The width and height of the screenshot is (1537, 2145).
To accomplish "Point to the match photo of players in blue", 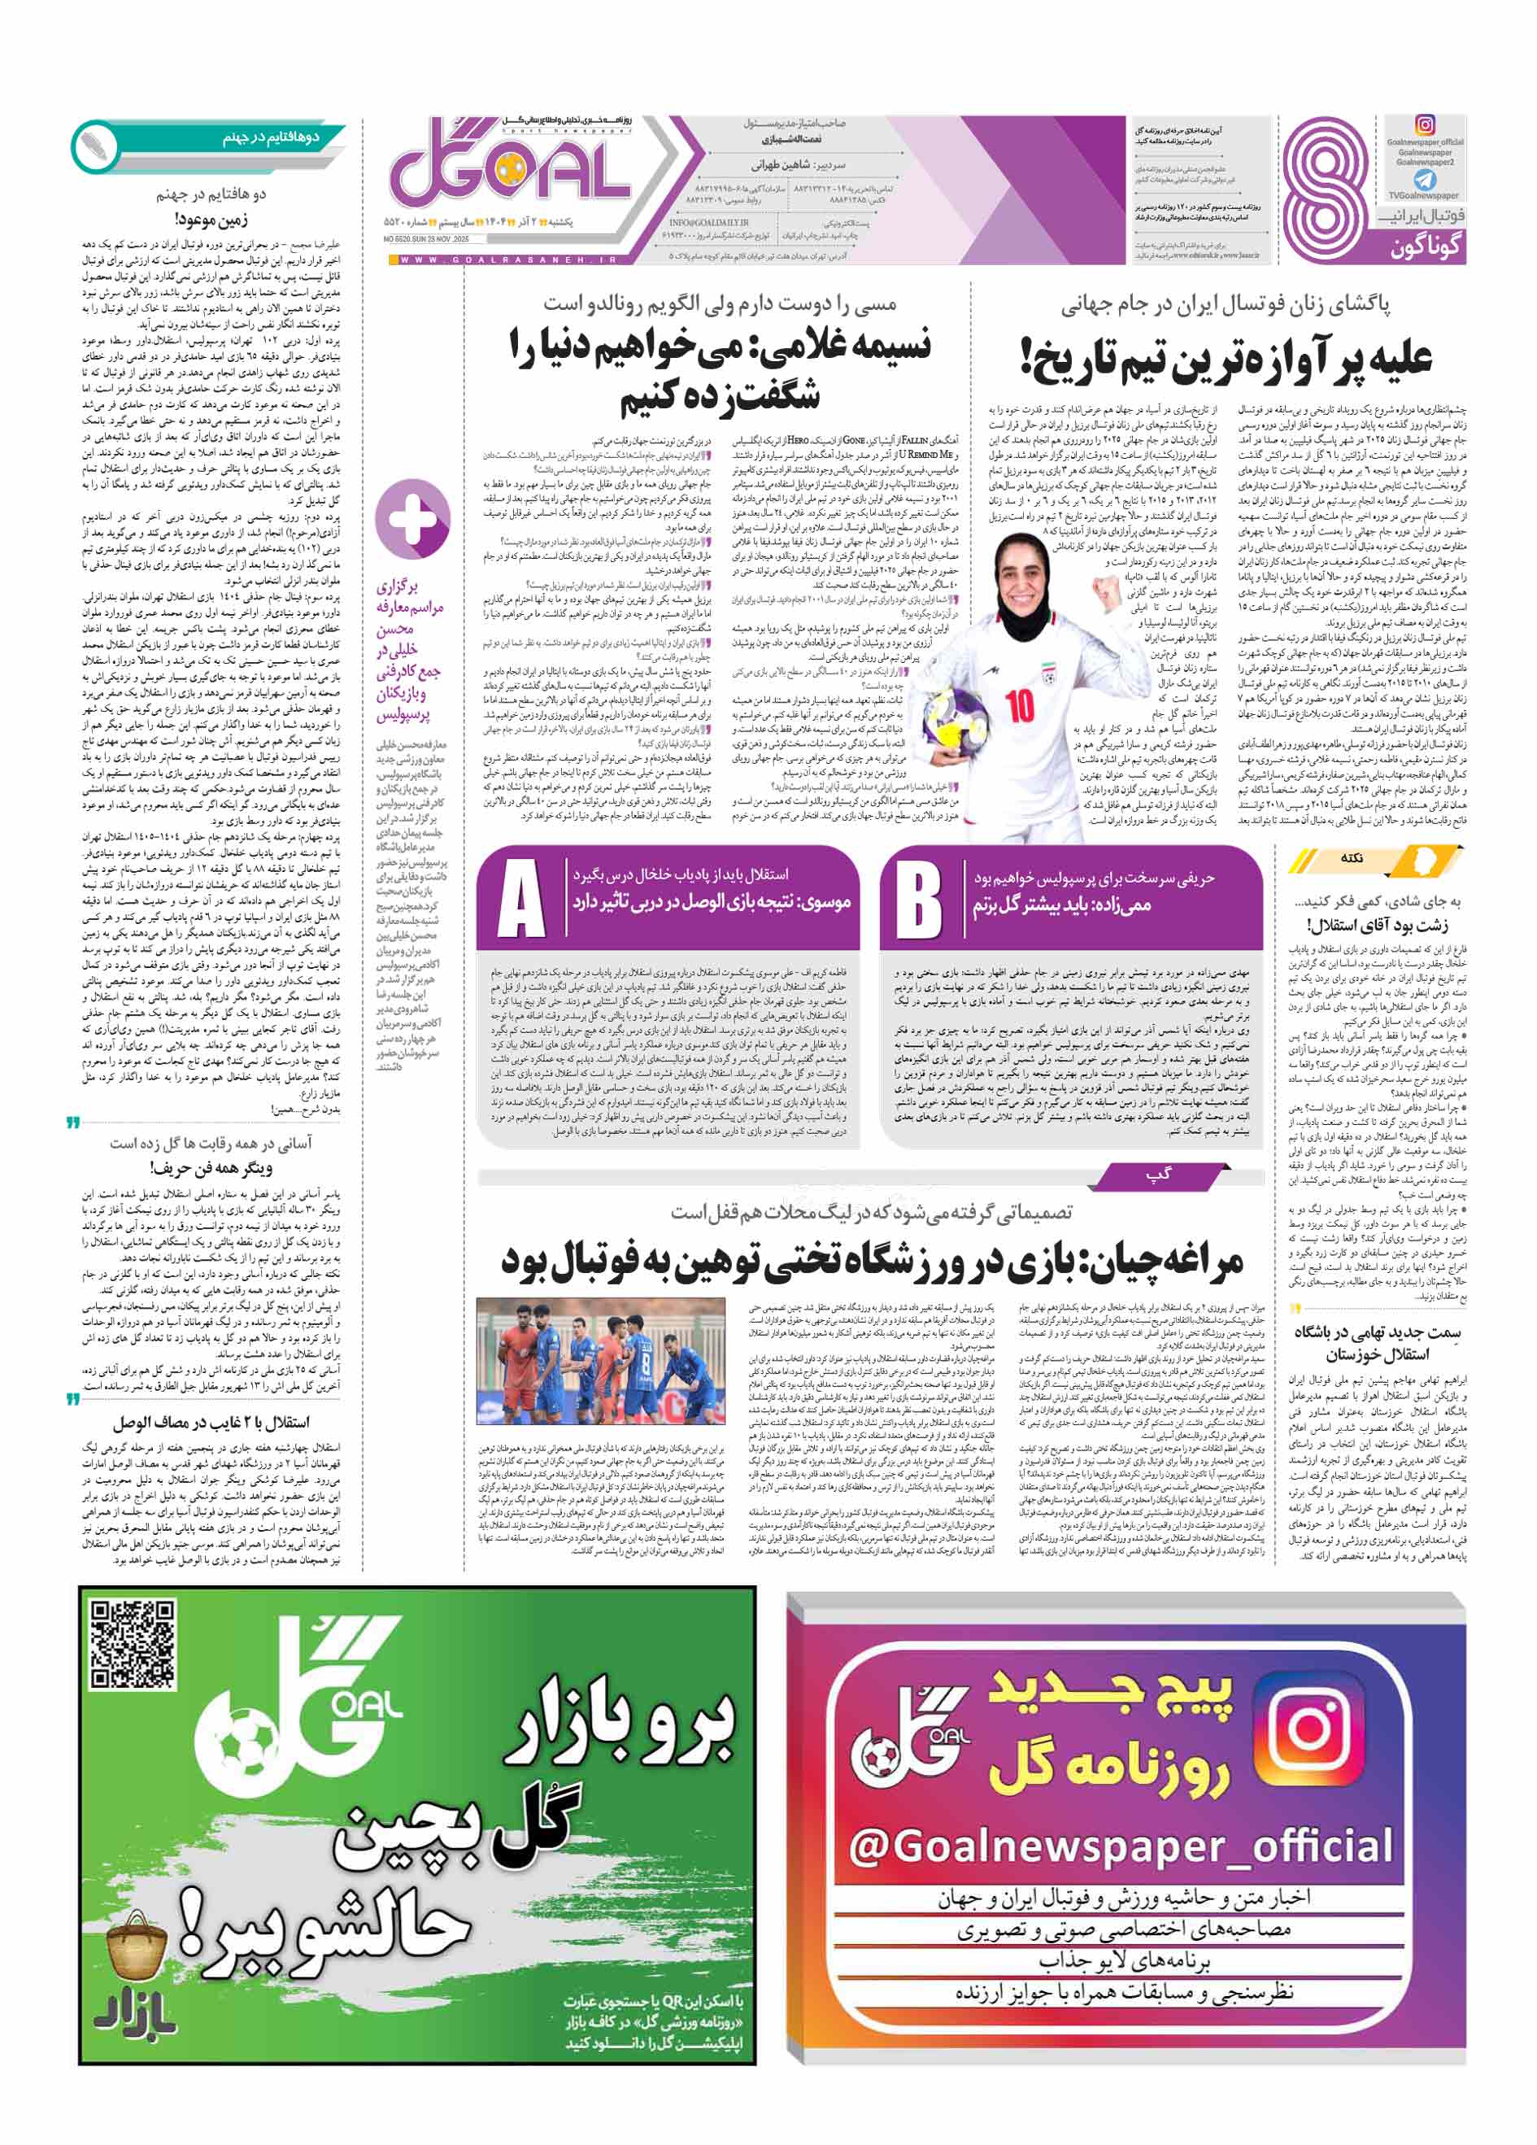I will pyautogui.click(x=600, y=1361).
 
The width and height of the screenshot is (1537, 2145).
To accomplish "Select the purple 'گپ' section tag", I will pyautogui.click(x=1159, y=1175).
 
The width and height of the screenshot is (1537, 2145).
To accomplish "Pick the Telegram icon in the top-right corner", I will pyautogui.click(x=1425, y=180).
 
